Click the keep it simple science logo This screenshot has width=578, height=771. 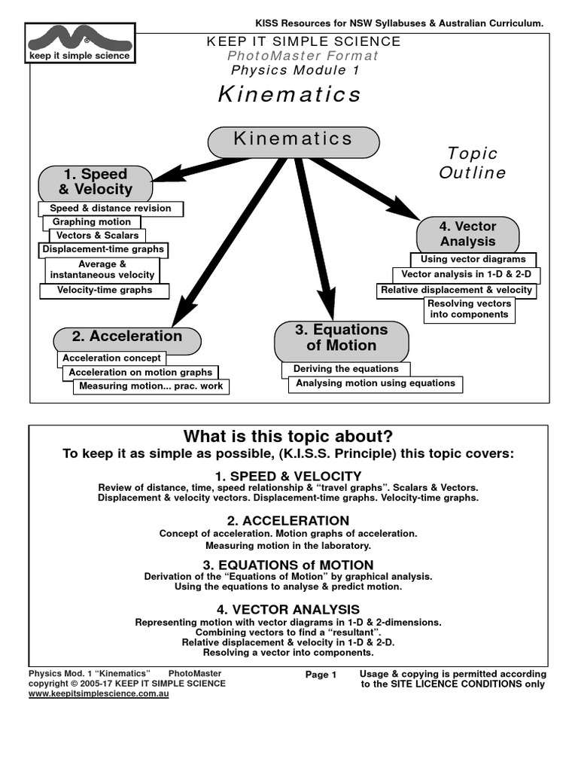79,42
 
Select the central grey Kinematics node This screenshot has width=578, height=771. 293,141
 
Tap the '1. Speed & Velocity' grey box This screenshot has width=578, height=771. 96,182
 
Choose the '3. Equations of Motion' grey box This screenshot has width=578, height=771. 342,338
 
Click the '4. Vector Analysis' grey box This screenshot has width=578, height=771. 468,234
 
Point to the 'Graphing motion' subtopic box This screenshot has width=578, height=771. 92,222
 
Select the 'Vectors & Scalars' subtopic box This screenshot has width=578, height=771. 98,236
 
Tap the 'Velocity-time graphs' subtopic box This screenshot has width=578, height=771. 105,290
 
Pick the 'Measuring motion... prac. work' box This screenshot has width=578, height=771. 151,386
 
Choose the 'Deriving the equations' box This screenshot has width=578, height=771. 346,369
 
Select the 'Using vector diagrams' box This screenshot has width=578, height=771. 473,260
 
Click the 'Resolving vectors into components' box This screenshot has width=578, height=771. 470,309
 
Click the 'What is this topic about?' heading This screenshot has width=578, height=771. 288,437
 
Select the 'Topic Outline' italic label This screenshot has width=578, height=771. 473,163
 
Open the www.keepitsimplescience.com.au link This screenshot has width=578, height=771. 99,693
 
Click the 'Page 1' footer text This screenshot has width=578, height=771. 321,675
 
